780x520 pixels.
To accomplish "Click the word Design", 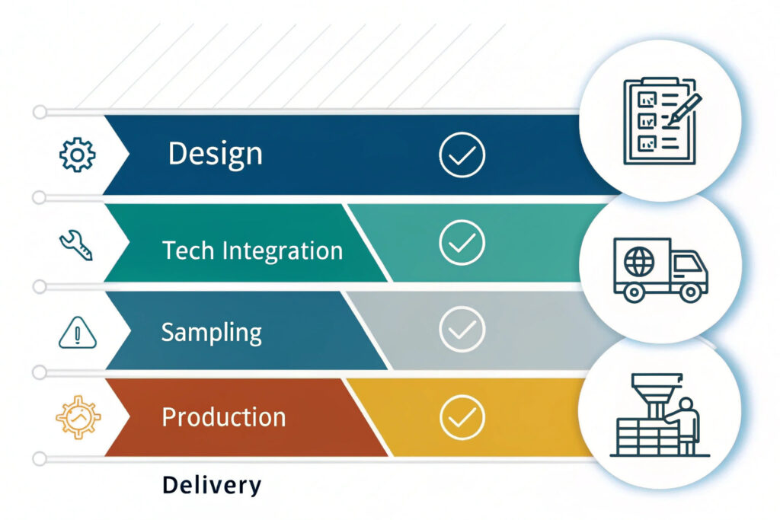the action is click(x=215, y=154).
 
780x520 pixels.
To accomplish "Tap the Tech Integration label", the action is click(x=253, y=250).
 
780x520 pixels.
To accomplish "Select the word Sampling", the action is click(x=212, y=333).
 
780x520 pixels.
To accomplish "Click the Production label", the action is click(x=224, y=416).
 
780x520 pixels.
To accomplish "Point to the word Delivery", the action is click(x=212, y=485).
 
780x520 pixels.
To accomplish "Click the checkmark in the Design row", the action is click(x=462, y=155).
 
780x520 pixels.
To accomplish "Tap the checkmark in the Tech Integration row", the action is click(x=462, y=242).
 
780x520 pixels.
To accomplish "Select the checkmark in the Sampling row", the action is click(x=462, y=329).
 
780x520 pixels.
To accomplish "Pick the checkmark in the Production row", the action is click(x=462, y=416).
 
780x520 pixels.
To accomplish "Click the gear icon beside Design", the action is click(x=77, y=155).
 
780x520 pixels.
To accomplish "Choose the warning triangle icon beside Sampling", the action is click(x=78, y=332).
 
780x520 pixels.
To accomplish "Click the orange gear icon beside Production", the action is click(x=78, y=417).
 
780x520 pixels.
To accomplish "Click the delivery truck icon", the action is click(x=660, y=270).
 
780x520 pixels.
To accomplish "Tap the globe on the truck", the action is click(x=639, y=261).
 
